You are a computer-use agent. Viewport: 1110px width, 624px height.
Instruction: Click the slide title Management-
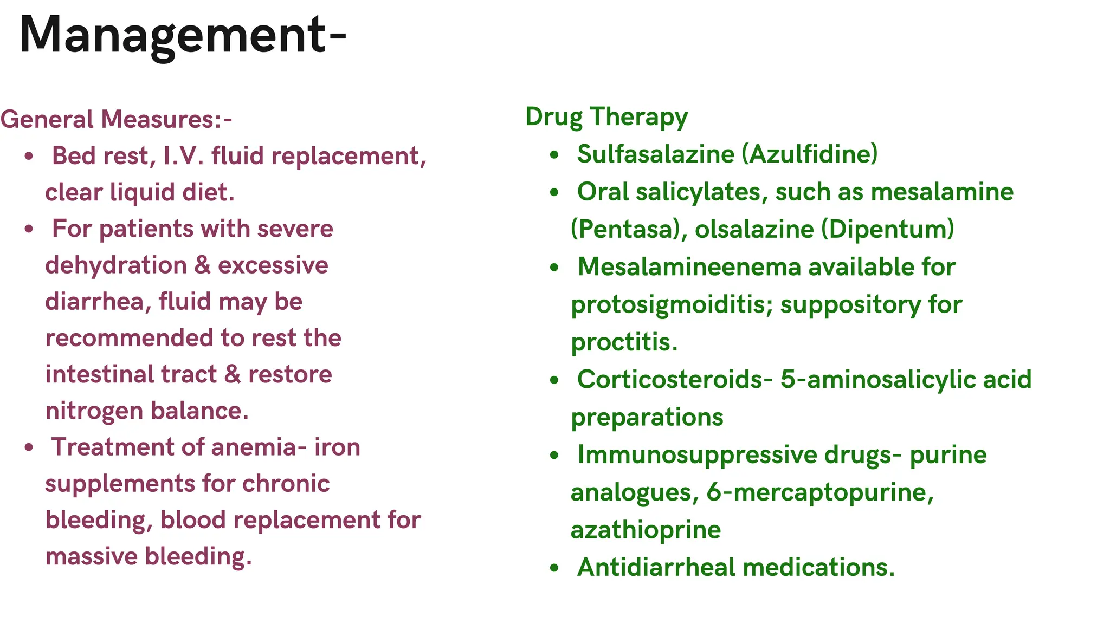click(183, 35)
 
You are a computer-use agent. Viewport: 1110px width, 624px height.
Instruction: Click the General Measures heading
click(116, 119)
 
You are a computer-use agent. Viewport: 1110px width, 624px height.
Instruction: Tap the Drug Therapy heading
click(606, 116)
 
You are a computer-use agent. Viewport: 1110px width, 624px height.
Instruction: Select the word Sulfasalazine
click(655, 154)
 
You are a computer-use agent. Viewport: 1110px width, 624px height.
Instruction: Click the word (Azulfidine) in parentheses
click(810, 154)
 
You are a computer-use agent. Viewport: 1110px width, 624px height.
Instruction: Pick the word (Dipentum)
click(888, 229)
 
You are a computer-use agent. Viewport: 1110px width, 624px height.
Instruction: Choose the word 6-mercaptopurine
click(820, 492)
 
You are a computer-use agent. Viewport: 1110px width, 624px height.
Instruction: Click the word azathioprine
click(646, 530)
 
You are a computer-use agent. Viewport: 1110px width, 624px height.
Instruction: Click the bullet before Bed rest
click(29, 157)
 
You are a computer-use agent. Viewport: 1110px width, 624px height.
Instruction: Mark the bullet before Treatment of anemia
click(29, 447)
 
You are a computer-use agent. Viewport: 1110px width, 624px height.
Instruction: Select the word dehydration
click(116, 265)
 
